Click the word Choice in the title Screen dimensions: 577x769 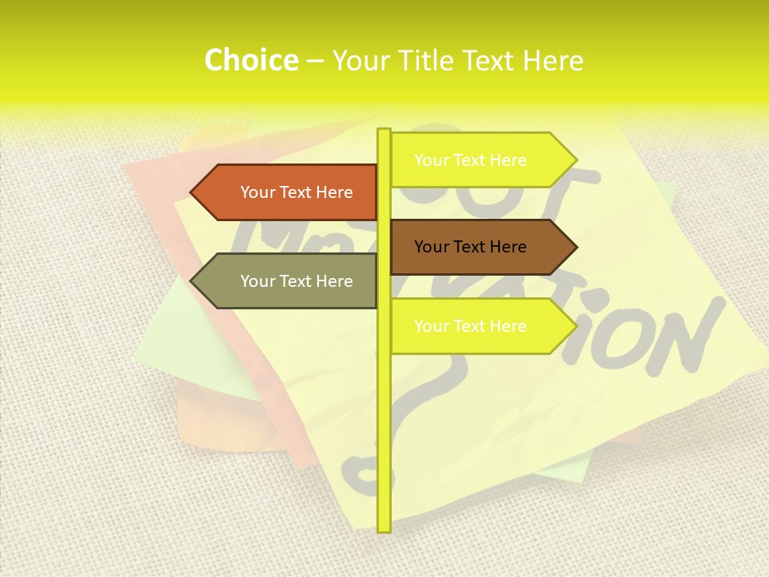(x=251, y=61)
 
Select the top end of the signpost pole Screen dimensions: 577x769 (x=384, y=131)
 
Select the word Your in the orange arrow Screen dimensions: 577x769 (x=257, y=192)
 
